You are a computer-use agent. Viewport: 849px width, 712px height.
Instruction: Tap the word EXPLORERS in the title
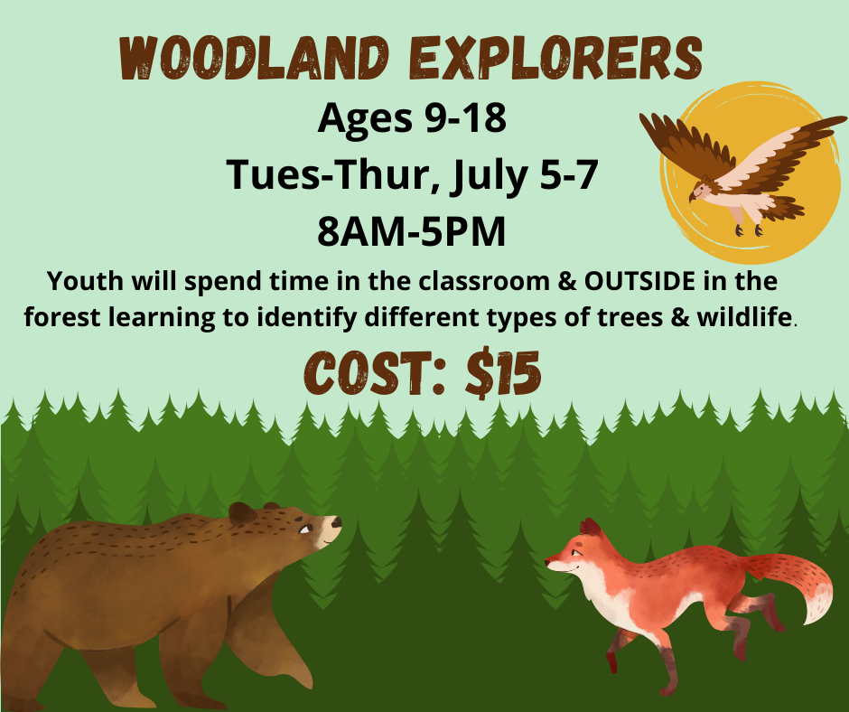pos(542,59)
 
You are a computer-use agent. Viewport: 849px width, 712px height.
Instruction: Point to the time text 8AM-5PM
pos(411,230)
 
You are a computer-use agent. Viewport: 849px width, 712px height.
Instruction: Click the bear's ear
pos(242,513)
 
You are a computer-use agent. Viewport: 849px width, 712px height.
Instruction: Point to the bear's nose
pos(336,521)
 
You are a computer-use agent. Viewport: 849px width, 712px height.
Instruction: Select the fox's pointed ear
pos(590,529)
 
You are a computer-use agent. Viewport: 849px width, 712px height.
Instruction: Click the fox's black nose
pos(548,562)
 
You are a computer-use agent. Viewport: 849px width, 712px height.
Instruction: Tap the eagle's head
pos(700,192)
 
